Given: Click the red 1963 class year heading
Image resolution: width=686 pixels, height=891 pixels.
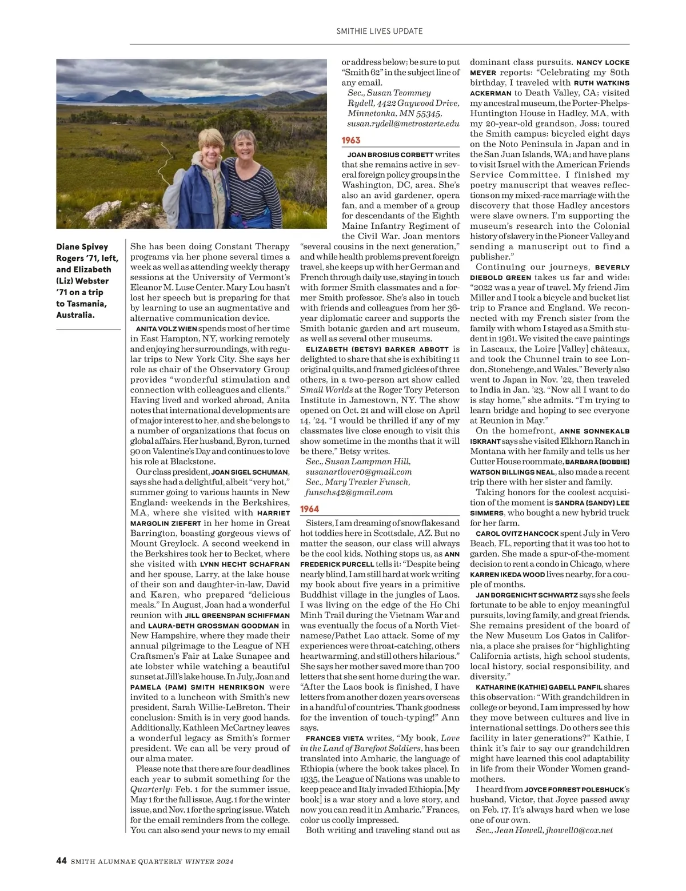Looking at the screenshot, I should coord(351,140).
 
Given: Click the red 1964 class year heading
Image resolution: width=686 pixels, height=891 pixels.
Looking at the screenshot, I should coord(309,508).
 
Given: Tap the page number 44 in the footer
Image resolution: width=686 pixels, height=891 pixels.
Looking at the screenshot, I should coord(61,861).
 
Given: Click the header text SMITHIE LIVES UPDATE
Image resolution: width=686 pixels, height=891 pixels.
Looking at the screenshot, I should coord(380,31).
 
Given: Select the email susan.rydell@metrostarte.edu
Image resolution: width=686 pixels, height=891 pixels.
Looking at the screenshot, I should coord(403,124).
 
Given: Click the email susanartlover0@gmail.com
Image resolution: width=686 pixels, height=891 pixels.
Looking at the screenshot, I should coord(359,472).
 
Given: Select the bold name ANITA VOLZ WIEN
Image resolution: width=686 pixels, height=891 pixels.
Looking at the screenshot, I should coord(166,329).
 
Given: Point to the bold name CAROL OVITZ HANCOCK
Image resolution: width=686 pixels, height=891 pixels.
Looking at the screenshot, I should coord(517,534).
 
